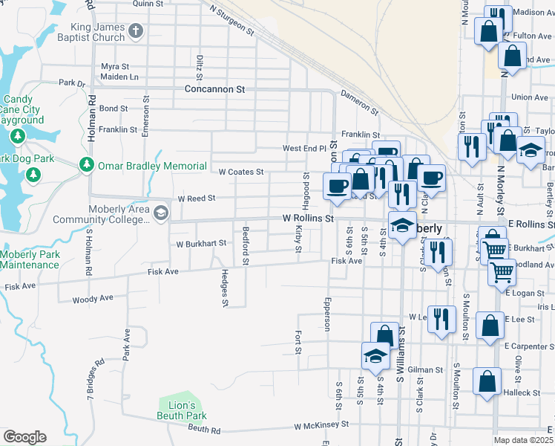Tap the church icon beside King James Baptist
135,31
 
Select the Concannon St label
214,89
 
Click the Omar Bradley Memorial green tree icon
87,164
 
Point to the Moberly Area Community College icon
160,214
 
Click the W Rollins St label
309,219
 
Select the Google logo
24,437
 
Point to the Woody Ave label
93,299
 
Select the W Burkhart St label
200,243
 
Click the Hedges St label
224,288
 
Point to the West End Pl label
304,149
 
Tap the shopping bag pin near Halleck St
486,381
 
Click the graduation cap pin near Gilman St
375,356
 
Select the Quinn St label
147,4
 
